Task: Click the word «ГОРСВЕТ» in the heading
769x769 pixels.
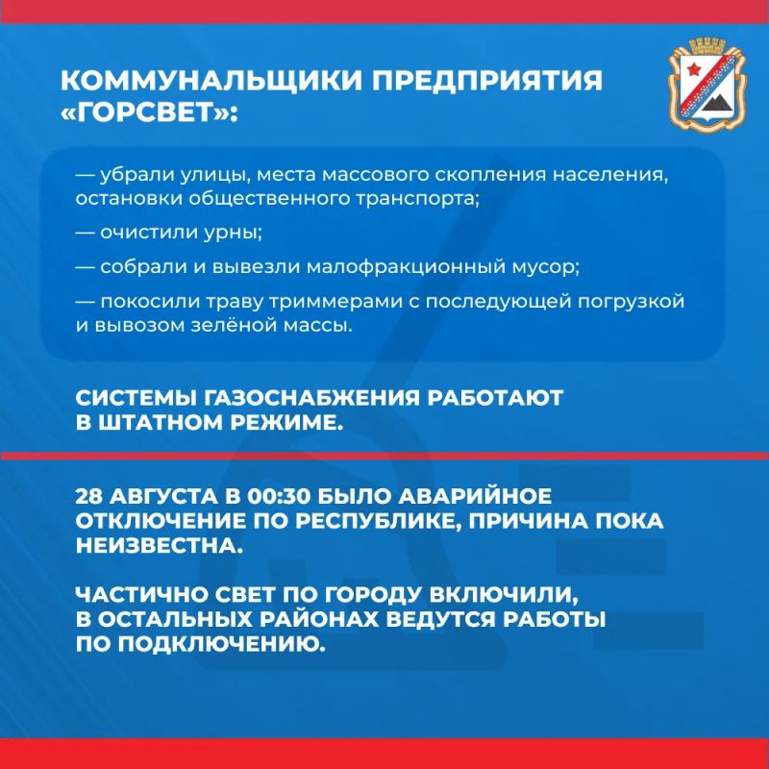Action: [146, 112]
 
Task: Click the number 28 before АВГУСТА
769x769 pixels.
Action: [88, 496]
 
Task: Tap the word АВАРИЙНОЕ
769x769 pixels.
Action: [474, 496]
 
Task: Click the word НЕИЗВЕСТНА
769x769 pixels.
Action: [160, 546]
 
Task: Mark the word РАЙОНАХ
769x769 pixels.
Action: [319, 619]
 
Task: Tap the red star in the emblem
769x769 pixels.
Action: [693, 69]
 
